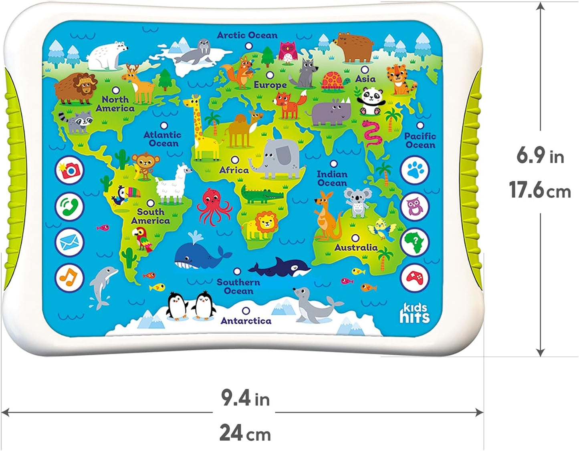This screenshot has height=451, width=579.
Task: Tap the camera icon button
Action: (x=70, y=170)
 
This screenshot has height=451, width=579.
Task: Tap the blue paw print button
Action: (x=415, y=170)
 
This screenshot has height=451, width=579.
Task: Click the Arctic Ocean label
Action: (x=247, y=35)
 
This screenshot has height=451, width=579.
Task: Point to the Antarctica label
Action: (x=246, y=321)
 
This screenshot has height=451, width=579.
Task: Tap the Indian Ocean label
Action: (x=332, y=178)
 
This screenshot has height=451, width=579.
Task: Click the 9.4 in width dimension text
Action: (x=245, y=399)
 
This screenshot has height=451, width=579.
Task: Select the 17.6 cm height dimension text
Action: (x=540, y=190)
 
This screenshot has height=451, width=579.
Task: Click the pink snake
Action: (x=373, y=134)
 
